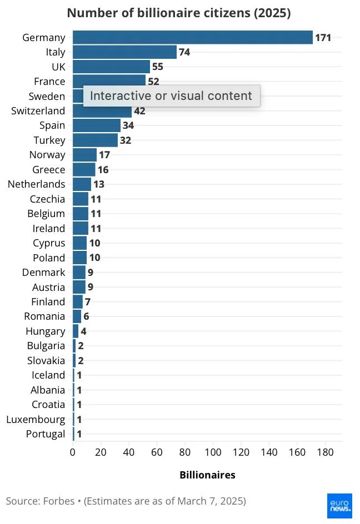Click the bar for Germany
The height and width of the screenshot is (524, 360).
pos(192,38)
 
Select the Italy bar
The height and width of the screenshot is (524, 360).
pos(124,52)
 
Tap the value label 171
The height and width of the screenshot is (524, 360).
pos(323,38)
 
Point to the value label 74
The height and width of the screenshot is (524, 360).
pos(184,52)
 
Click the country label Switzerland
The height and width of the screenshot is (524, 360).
pos(38,111)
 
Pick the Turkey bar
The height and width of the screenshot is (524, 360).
pos(95,140)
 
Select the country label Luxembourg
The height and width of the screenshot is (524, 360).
pos(36,420)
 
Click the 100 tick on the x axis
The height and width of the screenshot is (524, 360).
pos(213,452)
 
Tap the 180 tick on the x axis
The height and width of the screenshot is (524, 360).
pos(325,452)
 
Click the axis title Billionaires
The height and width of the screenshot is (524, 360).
pos(207,475)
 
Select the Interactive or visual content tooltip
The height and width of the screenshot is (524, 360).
pos(171,96)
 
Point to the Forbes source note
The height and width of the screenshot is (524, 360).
pos(126,501)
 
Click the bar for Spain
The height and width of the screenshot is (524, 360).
pos(97,125)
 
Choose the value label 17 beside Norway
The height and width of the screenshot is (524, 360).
pos(104,155)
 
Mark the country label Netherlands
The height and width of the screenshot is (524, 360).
pos(36,184)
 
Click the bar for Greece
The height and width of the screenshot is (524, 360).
pos(84,170)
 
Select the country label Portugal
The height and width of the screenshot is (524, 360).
pos(46,434)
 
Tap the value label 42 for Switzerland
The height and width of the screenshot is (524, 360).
pos(139,111)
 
